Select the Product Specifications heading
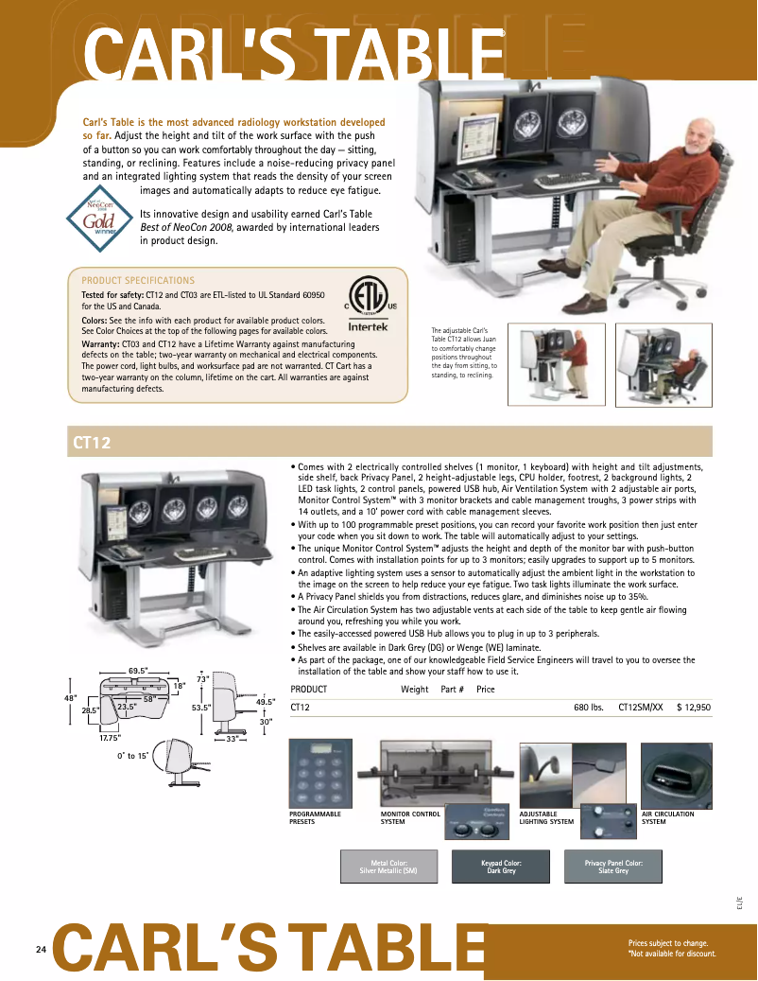click(138, 280)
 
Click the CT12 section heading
click(91, 442)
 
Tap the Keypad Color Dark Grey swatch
click(500, 867)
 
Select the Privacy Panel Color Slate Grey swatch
click(613, 867)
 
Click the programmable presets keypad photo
click(327, 774)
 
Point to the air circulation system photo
click(676, 774)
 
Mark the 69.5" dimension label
click(138, 671)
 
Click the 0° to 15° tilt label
click(132, 756)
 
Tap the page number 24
click(41, 949)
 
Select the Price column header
click(486, 690)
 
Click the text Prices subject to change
click(668, 943)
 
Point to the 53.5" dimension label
click(199, 707)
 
